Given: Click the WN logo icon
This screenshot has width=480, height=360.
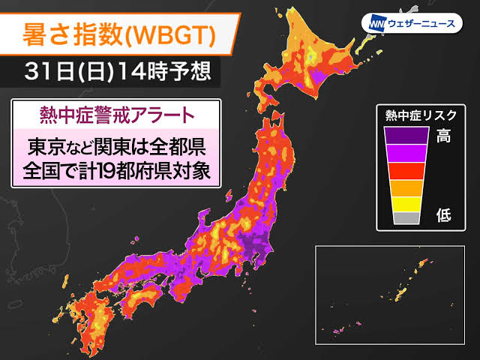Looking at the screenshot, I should [374, 23].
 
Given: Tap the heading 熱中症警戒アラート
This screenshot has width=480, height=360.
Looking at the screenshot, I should [116, 117].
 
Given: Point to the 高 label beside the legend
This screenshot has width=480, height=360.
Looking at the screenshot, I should [444, 136].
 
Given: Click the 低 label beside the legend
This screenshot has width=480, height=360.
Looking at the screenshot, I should [444, 216].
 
